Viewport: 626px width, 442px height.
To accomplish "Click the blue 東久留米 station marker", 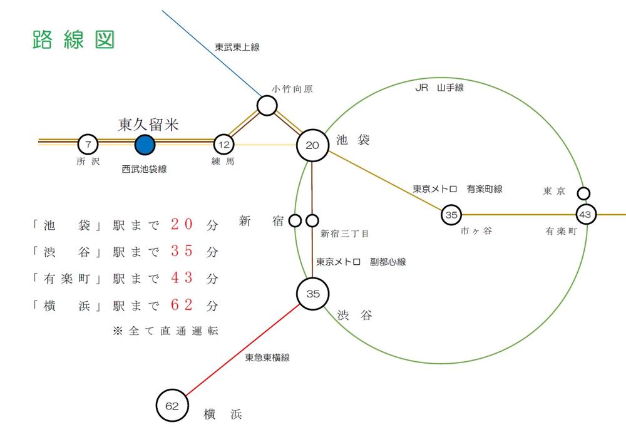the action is (145, 145).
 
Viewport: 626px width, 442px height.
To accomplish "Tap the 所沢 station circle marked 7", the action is (88, 145).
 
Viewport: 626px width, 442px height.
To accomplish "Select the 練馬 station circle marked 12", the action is (223, 145).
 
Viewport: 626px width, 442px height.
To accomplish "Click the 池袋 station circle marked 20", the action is (312, 145).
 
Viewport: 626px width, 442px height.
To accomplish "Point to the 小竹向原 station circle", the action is (267, 106).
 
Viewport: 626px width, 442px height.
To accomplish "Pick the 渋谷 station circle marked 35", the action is (312, 294).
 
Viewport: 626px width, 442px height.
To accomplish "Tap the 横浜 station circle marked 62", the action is (172, 406).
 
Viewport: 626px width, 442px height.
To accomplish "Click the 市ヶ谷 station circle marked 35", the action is (451, 215).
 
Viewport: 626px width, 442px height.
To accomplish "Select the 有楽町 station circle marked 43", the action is (585, 215).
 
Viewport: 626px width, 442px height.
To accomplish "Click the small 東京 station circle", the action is (583, 193).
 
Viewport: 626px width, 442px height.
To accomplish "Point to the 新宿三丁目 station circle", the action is (312, 220).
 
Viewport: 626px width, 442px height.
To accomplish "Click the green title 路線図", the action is (73, 39).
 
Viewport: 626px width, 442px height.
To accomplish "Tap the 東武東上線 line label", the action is (237, 47).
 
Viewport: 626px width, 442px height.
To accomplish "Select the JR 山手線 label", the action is (439, 88).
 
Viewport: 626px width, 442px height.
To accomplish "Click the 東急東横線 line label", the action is (267, 357).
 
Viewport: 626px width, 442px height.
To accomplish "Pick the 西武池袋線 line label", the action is (144, 169).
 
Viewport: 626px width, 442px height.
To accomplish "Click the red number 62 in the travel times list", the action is (185, 306).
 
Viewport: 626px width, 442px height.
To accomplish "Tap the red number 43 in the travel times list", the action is (185, 278).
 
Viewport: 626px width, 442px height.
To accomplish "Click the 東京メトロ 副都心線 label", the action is (361, 262).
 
